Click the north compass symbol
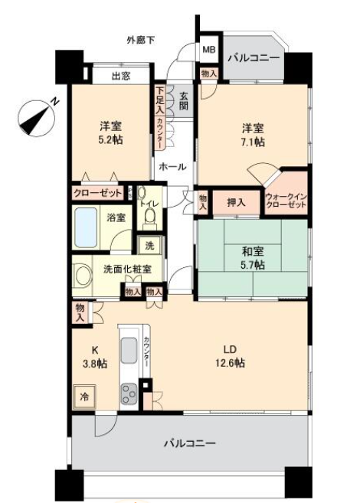[36, 118]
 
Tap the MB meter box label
[209, 50]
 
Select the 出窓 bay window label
[121, 76]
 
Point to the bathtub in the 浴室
[86, 227]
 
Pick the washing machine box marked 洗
[149, 246]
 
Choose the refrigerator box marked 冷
[84, 397]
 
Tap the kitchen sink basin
[129, 350]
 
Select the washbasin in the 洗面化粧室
[81, 276]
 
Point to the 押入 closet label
[236, 202]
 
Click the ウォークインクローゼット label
[286, 201]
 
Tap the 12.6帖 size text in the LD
[230, 363]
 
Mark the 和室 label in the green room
[253, 252]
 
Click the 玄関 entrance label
[184, 101]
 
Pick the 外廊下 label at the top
[141, 40]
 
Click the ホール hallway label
[172, 166]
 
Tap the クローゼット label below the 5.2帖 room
[98, 193]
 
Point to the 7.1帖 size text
[254, 142]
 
